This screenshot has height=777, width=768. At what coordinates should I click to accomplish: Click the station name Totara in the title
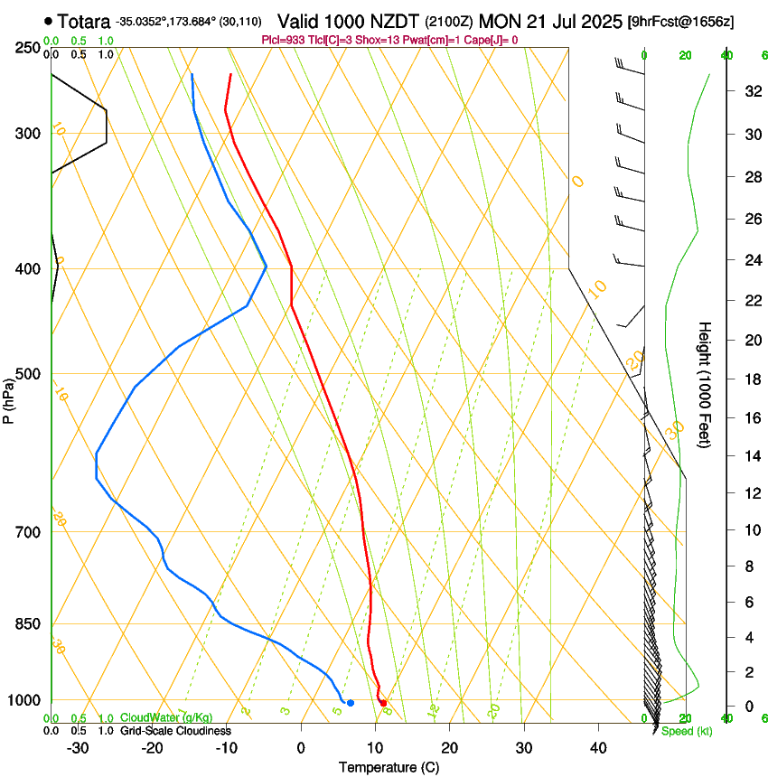(x=83, y=21)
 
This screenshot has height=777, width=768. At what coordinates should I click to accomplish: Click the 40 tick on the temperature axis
(x=598, y=747)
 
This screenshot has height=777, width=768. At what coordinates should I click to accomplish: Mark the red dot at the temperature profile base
(x=383, y=703)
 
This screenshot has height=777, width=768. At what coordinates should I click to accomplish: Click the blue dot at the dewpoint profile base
(x=351, y=702)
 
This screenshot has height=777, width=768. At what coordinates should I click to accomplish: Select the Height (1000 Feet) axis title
(x=705, y=385)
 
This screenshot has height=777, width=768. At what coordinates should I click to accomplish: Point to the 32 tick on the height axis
(x=750, y=91)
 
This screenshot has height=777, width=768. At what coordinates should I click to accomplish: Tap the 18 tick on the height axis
(x=750, y=379)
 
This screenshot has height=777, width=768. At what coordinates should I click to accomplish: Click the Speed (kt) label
(x=687, y=731)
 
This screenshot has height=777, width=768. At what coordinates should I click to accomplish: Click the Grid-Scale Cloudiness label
(x=175, y=731)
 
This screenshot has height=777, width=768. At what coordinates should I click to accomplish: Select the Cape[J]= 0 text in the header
(x=491, y=40)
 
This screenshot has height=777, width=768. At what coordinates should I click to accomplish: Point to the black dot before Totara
(x=48, y=21)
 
